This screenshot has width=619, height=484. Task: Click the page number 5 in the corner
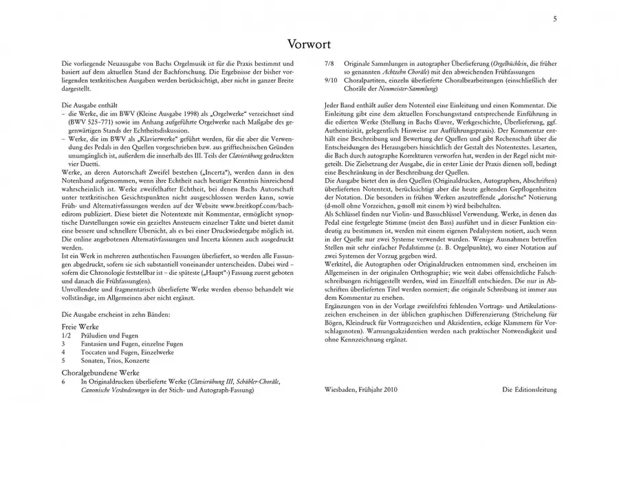[555, 19]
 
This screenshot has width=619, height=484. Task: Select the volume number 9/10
[330, 80]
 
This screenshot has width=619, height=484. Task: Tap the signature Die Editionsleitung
[529, 389]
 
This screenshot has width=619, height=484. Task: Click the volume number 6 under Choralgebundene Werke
[63, 380]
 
